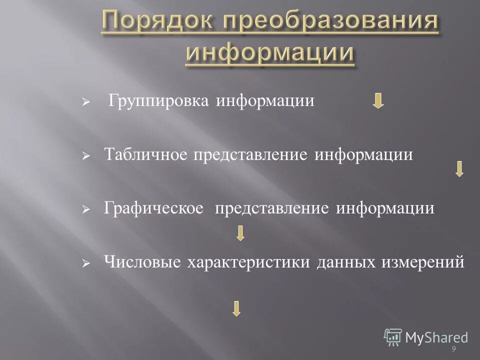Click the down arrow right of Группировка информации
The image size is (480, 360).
[379, 101]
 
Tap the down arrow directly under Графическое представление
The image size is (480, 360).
[240, 233]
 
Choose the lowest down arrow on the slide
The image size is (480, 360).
[236, 307]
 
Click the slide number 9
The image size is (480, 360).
[453, 348]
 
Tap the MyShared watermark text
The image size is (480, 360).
[436, 337]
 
